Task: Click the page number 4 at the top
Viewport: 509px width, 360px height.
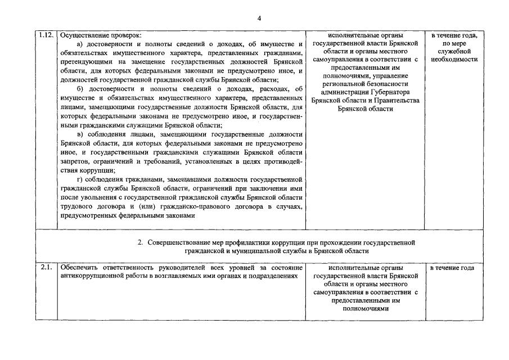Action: click(x=259, y=18)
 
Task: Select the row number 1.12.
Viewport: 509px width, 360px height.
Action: click(x=46, y=35)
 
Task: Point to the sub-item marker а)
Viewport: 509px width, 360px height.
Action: click(x=80, y=44)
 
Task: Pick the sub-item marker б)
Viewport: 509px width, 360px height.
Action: click(x=80, y=88)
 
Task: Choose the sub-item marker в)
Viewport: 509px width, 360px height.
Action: click(x=80, y=134)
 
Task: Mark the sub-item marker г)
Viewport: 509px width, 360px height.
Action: click(x=79, y=179)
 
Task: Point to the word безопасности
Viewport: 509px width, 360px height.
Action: click(x=388, y=83)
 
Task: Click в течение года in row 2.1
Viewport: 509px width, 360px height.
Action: click(x=452, y=268)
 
